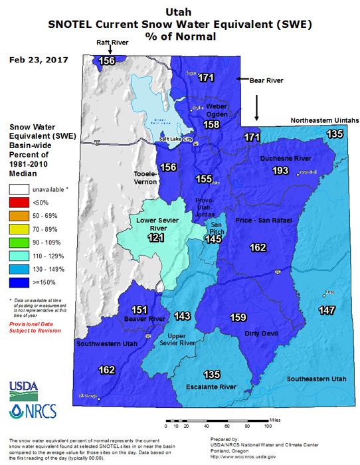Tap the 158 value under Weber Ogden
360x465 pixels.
(212, 124)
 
